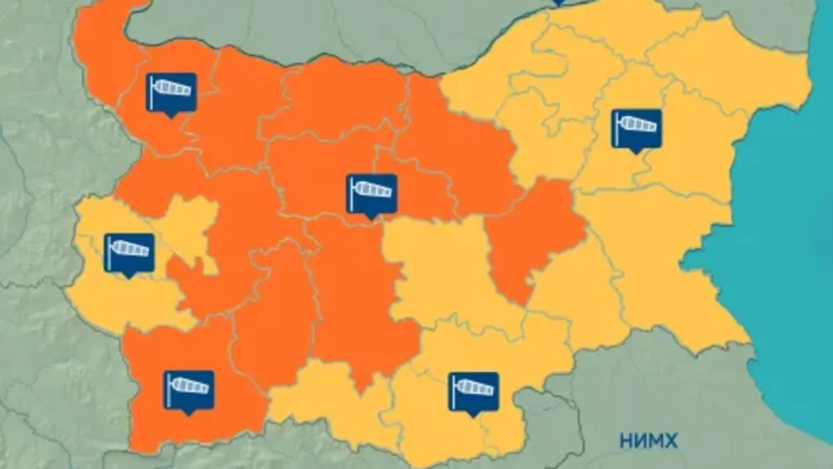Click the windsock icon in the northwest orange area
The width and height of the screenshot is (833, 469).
[x=170, y=91]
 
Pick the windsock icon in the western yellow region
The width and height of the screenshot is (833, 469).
[x=129, y=252]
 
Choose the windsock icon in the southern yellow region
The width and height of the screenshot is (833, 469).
[x=473, y=391]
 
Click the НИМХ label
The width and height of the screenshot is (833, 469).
[x=648, y=441]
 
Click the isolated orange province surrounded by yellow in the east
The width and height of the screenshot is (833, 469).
[x=533, y=235]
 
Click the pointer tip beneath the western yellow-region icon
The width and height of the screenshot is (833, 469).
[x=130, y=276]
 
